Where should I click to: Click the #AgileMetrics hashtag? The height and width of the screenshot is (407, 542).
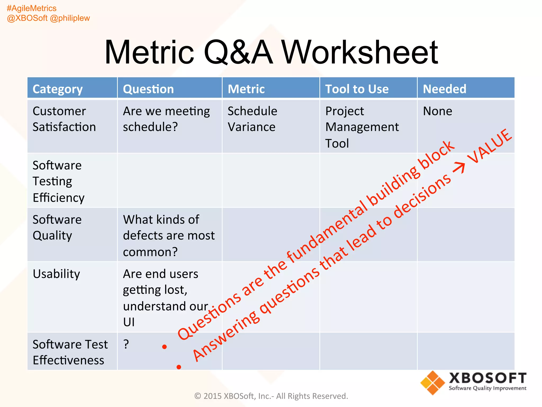coord(31,8)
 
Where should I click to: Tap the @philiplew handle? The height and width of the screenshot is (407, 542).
coord(70,18)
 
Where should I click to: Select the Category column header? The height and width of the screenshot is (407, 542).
coord(57,89)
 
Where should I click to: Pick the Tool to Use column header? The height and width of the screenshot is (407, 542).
coord(357,89)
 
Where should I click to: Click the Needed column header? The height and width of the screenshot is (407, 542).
coord(444,89)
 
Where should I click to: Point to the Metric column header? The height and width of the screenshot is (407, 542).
coord(246,89)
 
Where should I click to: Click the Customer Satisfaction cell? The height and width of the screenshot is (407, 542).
coord(64,119)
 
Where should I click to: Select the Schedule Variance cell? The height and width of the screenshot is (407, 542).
coord(252,119)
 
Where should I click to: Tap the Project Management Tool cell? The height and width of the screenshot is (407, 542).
coord(362,127)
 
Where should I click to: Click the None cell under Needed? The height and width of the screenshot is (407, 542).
coord(437,111)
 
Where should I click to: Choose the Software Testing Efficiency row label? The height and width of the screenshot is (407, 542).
coord(58,182)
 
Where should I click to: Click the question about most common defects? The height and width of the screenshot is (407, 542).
coord(169,236)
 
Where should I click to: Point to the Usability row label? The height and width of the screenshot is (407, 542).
coord(56,274)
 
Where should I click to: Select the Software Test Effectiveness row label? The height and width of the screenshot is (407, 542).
coord(70,352)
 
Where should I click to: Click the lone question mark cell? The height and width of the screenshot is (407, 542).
coord(126,344)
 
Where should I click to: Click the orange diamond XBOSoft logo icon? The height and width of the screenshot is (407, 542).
coord(432,383)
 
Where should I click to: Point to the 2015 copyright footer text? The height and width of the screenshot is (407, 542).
coord(271,396)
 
